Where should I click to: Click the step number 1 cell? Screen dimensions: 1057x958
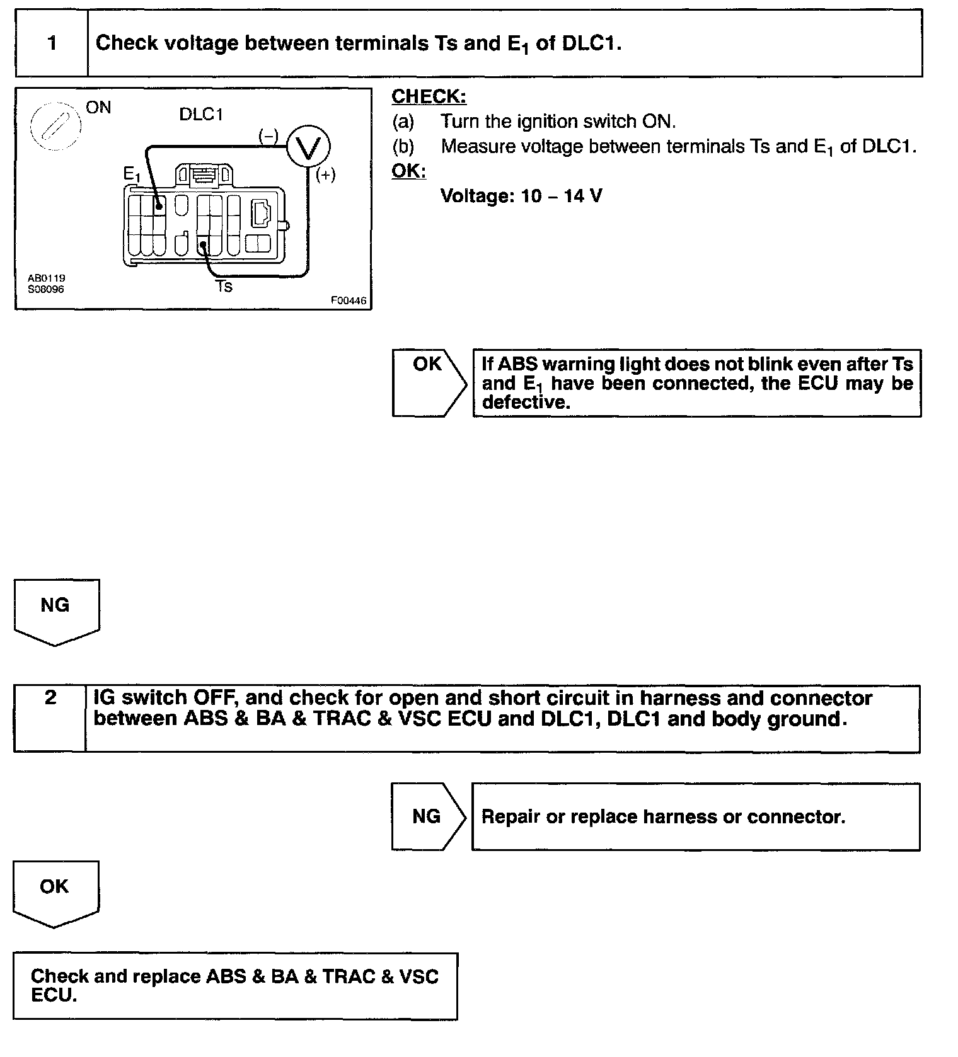[x=52, y=43]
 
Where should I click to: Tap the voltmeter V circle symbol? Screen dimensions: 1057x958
[x=308, y=147]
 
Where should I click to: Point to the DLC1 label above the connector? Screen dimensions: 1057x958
[x=201, y=115]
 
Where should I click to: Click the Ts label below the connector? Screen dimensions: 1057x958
[x=224, y=287]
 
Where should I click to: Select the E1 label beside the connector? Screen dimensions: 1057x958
[x=132, y=174]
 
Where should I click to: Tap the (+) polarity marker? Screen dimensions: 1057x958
[x=325, y=174]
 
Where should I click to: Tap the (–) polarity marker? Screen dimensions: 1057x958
[x=268, y=135]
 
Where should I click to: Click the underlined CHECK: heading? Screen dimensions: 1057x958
[x=429, y=97]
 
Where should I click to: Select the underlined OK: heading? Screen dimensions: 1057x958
[x=408, y=171]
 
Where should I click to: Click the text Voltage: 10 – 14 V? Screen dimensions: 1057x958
[x=521, y=196]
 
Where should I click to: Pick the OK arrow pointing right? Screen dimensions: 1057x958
[x=429, y=382]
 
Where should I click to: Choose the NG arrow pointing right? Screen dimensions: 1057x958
[x=427, y=816]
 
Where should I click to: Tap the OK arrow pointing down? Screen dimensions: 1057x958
[x=55, y=891]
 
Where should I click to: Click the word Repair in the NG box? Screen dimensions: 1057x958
[x=511, y=817]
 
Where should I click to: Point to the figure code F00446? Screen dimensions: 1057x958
[x=348, y=300]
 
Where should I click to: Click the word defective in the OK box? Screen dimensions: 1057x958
[x=526, y=403]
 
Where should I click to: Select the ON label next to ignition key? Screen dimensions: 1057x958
[x=98, y=108]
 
